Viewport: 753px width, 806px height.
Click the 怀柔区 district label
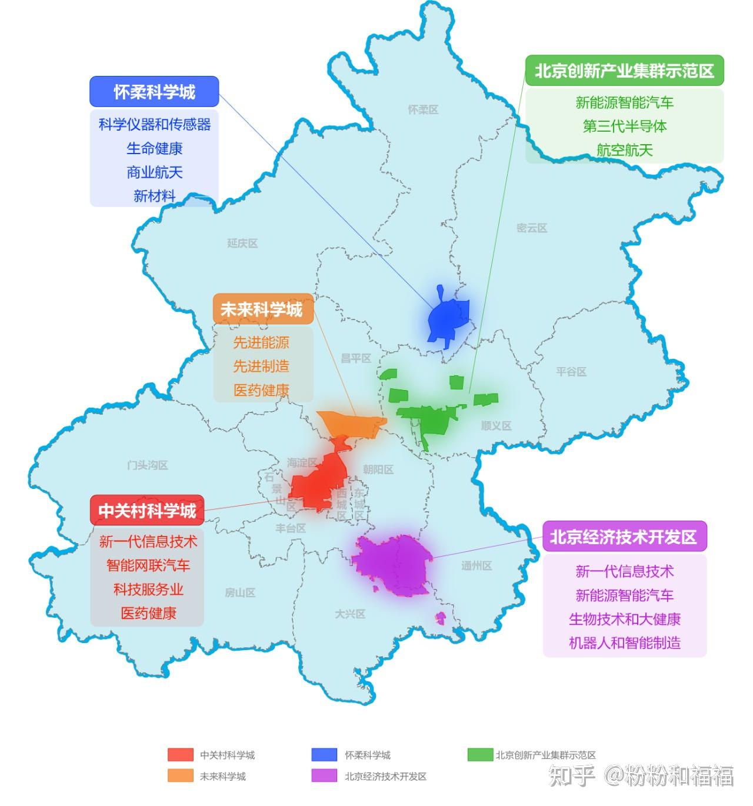pyautogui.click(x=423, y=110)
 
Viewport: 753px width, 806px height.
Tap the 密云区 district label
pyautogui.click(x=532, y=228)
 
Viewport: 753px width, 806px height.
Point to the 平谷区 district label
pyautogui.click(x=571, y=372)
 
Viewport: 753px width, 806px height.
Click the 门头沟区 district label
pyautogui.click(x=148, y=465)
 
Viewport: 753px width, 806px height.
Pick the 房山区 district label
pyautogui.click(x=240, y=593)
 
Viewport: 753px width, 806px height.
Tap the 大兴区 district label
pyautogui.click(x=350, y=614)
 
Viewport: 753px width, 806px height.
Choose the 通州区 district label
pyautogui.click(x=477, y=566)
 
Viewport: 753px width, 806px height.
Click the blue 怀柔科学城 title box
pyautogui.click(x=154, y=92)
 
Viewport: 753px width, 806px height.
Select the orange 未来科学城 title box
pyautogui.click(x=262, y=309)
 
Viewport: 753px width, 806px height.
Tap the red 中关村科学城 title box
pyautogui.click(x=147, y=510)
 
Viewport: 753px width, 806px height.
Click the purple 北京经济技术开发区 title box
pyautogui.click(x=624, y=537)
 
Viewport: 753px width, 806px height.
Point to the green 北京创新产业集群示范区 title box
pyautogui.click(x=624, y=71)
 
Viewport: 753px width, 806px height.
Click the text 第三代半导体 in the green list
pyautogui.click(x=624, y=126)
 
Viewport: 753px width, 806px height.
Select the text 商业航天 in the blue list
pyautogui.click(x=154, y=172)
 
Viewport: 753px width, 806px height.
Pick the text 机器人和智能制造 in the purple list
pyautogui.click(x=624, y=643)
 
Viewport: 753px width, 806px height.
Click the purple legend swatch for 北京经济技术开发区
pyautogui.click(x=325, y=776)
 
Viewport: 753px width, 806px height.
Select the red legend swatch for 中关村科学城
pyautogui.click(x=180, y=755)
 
